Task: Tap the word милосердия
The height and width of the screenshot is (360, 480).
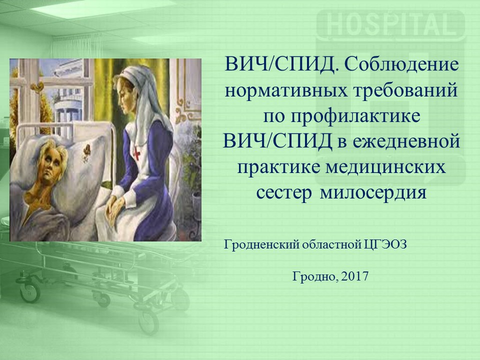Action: click(x=373, y=193)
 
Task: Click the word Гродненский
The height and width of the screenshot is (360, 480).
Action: click(x=261, y=245)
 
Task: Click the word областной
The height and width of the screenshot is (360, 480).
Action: click(x=331, y=245)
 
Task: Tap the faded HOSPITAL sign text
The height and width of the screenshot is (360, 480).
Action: click(x=389, y=24)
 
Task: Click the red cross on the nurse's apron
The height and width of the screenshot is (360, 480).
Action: click(x=136, y=153)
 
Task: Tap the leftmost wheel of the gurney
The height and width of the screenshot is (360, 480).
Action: click(x=29, y=291)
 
